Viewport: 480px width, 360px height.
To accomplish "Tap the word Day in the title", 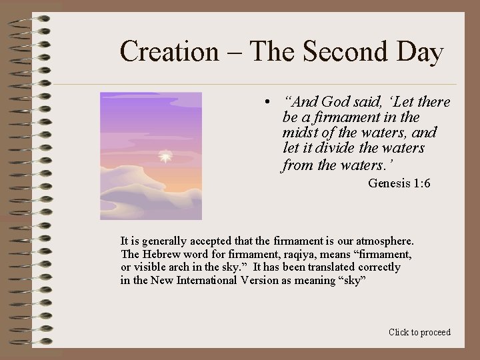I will [x=419, y=51].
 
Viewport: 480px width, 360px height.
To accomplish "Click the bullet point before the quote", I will [x=265, y=103].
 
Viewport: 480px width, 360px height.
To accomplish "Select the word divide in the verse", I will [x=337, y=147].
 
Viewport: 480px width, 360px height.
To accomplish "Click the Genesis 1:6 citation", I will [x=399, y=183].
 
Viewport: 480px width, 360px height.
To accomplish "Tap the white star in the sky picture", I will [x=165, y=157].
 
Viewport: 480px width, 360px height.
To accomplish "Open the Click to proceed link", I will [x=419, y=332].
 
